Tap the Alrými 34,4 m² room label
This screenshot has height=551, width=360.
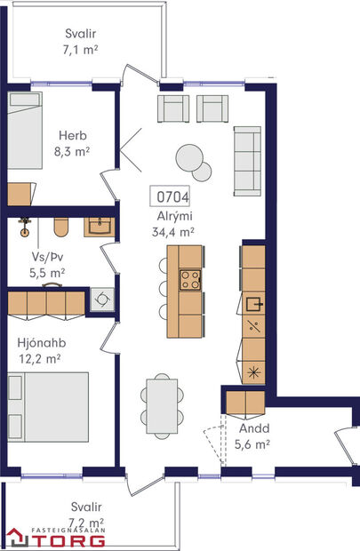(x=173, y=222)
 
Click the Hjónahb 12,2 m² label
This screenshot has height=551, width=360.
(x=40, y=350)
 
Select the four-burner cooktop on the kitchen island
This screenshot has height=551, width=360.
(x=190, y=280)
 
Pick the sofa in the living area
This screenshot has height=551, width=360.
(x=246, y=161)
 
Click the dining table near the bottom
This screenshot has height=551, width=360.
(x=163, y=403)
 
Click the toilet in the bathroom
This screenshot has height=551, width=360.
(x=61, y=228)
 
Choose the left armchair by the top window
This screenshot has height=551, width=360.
(x=172, y=108)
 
